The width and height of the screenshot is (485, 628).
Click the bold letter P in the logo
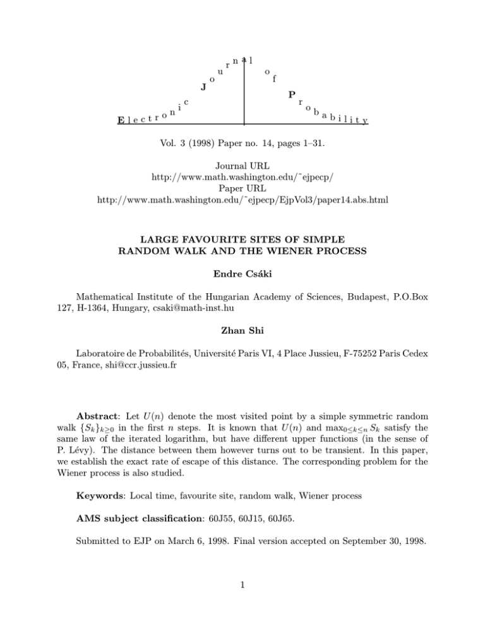291,95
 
